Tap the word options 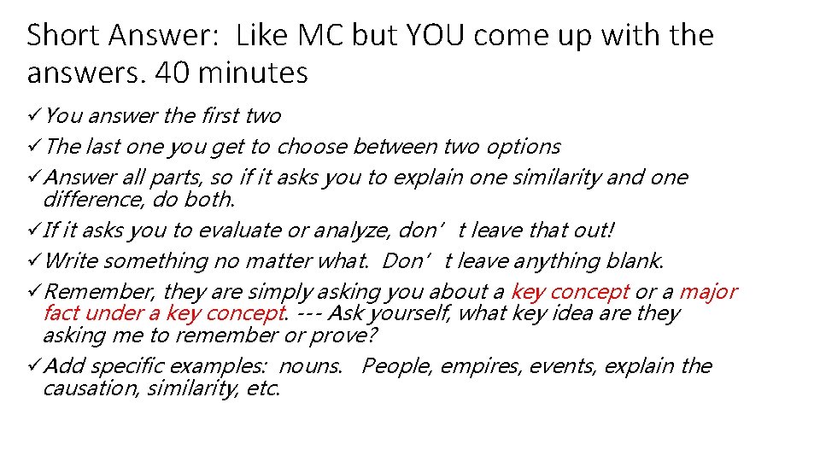pyautogui.click(x=524, y=147)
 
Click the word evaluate pyautogui.click(x=237, y=230)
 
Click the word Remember pyautogui.click(x=100, y=292)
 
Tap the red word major pyautogui.click(x=708, y=292)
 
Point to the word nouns pyautogui.click(x=311, y=367)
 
